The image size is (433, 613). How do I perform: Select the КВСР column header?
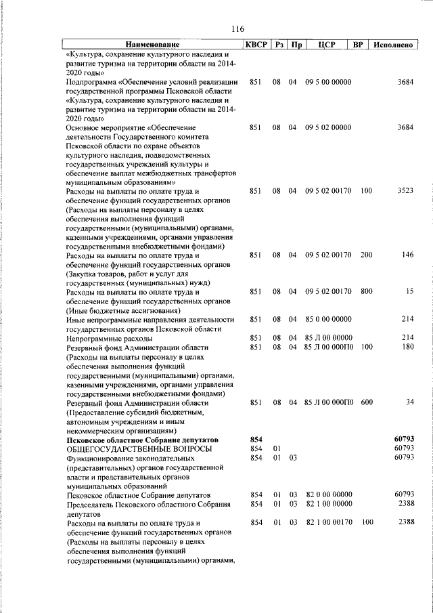click(256, 45)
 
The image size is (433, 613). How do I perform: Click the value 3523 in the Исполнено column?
click(405, 192)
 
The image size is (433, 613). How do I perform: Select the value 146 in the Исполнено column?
click(407, 255)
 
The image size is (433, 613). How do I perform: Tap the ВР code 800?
click(366, 291)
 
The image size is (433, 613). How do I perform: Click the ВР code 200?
click(366, 255)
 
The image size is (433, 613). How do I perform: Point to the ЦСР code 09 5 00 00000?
click(328, 82)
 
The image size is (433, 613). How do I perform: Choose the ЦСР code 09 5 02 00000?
click(328, 127)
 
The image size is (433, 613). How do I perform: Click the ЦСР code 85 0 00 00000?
click(328, 319)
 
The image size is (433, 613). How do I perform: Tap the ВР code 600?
click(366, 402)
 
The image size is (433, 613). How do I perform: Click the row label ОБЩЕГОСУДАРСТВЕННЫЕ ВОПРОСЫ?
click(138, 448)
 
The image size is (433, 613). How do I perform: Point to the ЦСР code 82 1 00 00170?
click(328, 523)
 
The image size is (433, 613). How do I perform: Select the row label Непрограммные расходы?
click(104, 337)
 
